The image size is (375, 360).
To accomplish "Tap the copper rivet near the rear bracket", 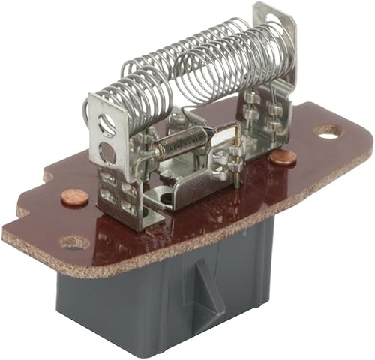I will [x=282, y=157].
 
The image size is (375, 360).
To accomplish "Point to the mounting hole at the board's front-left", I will [x=74, y=243].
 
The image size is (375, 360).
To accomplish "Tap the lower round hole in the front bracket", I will [x=108, y=153].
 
